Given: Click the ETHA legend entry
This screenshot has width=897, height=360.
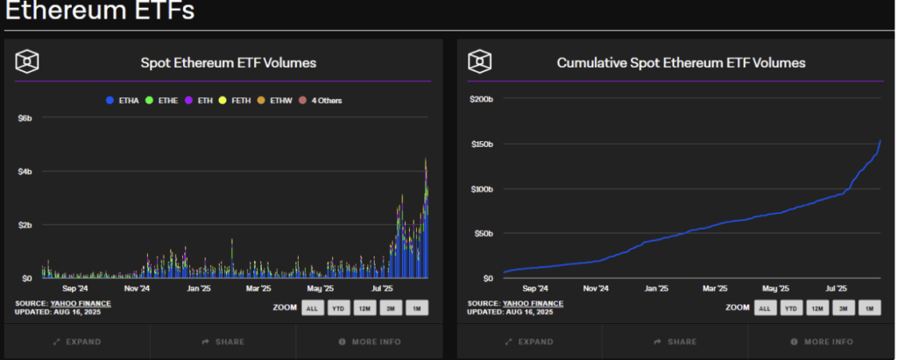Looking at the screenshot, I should [x=122, y=101].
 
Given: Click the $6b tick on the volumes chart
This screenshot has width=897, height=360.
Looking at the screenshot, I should [x=25, y=117].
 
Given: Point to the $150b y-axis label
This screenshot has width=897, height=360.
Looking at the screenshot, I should [x=483, y=144].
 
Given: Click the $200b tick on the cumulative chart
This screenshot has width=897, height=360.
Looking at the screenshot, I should [x=483, y=99].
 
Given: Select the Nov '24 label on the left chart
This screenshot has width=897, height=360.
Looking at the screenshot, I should [x=138, y=288].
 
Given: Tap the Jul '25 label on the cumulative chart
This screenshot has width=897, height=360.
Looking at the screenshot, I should [x=837, y=288].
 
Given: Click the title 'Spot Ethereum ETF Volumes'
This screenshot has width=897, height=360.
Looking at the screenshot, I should [x=229, y=63].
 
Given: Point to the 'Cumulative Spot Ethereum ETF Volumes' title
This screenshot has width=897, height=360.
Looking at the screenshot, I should [x=681, y=63].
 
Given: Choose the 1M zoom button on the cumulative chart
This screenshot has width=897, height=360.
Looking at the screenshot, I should [x=870, y=307].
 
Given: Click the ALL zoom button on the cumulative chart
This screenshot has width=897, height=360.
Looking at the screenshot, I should [x=764, y=307].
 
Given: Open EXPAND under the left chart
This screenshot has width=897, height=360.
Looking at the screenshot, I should [x=77, y=342].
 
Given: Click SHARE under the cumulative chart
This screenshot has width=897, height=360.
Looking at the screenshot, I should [x=675, y=342].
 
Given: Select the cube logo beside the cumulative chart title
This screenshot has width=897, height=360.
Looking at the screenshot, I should [x=481, y=62].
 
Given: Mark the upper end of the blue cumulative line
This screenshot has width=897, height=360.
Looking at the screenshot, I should [x=880, y=140].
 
